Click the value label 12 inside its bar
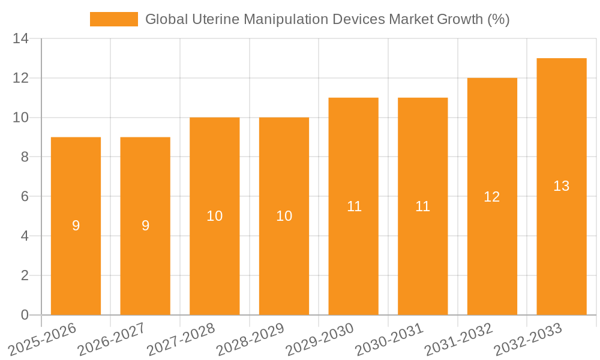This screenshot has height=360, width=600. point(492,197)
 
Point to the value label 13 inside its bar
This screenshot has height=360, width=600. point(562,187)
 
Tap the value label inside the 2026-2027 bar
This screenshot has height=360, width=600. point(145,226)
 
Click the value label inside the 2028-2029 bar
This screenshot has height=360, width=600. point(284,217)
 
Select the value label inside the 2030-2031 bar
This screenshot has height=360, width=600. point(423,206)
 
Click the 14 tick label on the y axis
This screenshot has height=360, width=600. point(21,39)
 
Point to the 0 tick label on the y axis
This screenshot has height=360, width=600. point(25,315)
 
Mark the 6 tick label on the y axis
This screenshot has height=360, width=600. point(25,197)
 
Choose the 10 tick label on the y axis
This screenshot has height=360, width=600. point(21,118)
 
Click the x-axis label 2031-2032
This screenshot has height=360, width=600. point(459,339)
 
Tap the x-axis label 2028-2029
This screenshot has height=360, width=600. point(251,339)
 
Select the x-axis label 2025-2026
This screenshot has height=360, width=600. point(43,339)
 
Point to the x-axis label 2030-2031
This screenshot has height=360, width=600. point(389,339)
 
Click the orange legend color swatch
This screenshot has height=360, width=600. point(114,19)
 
